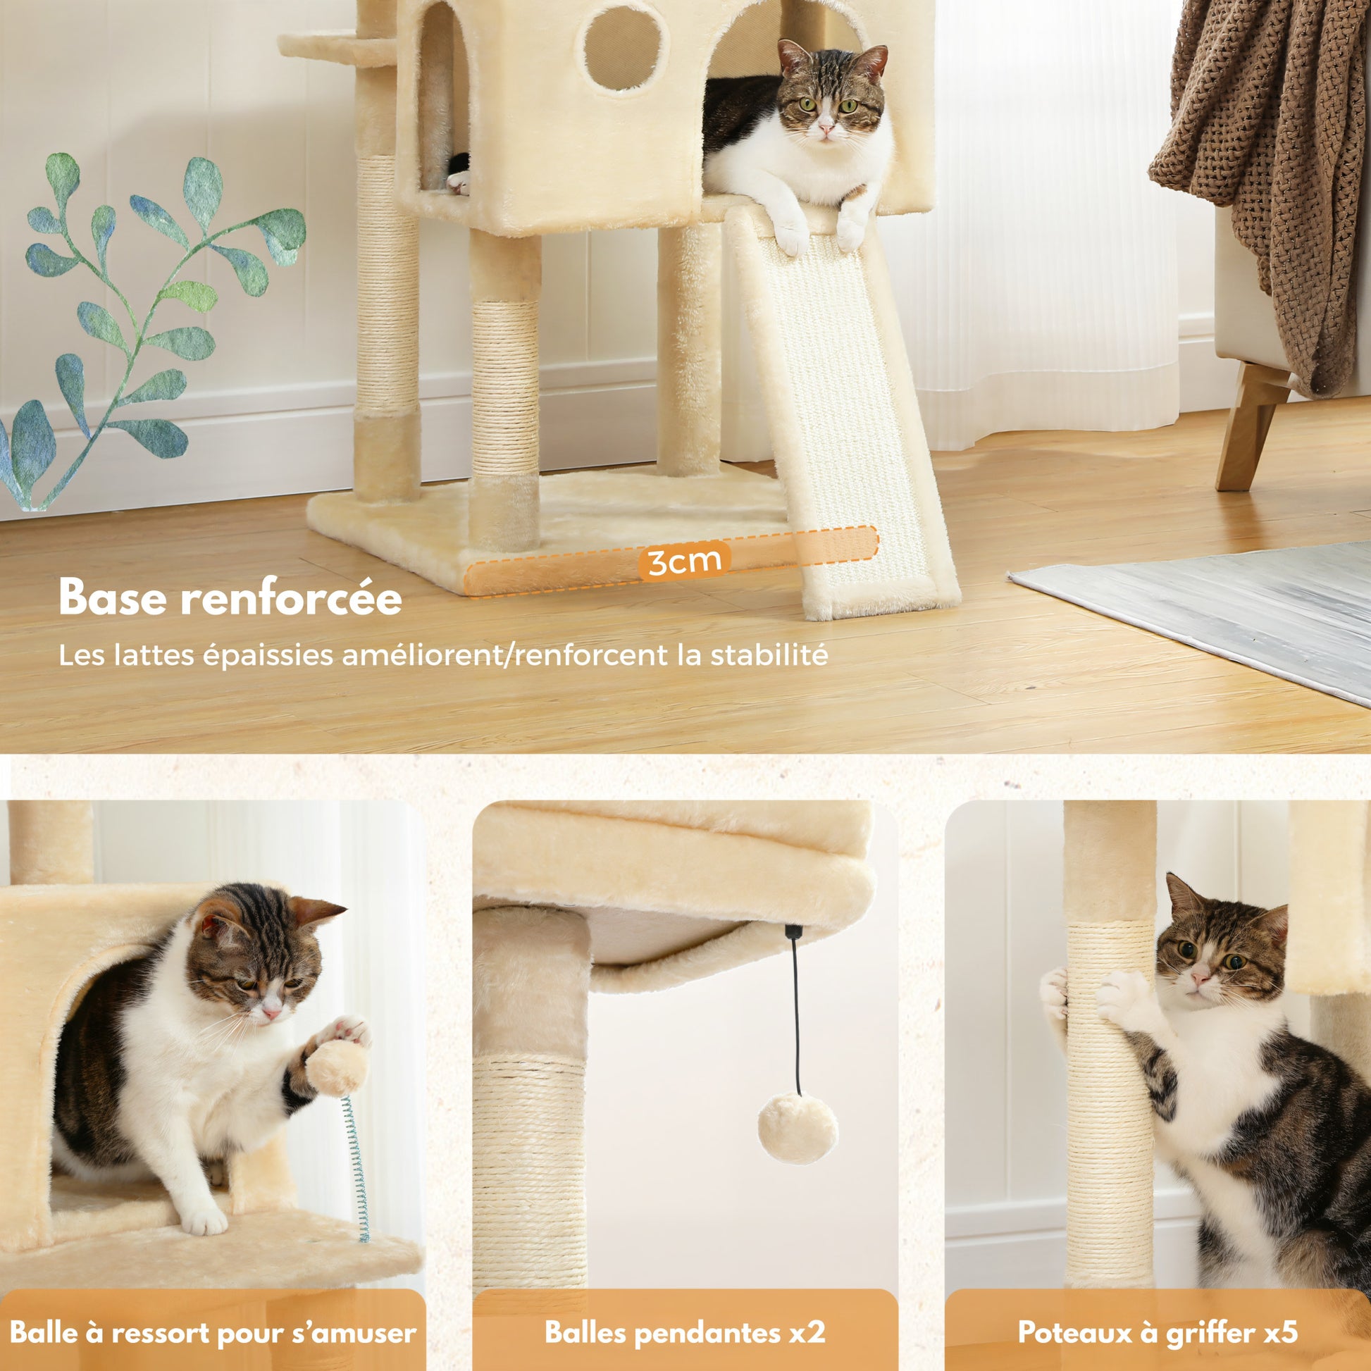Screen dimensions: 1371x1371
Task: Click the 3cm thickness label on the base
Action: tap(684, 562)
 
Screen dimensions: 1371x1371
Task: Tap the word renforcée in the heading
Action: tap(291, 598)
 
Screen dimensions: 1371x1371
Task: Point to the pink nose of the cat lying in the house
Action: tap(825, 129)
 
